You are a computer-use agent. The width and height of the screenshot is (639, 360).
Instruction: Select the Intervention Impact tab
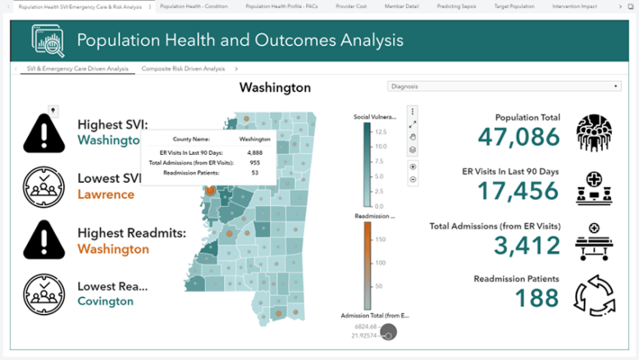582,6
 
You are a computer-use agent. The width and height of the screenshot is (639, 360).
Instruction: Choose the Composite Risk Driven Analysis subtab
183,68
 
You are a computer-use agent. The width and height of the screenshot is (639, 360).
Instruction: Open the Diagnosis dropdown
504,86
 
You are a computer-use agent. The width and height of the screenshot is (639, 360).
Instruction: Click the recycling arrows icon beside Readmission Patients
594,295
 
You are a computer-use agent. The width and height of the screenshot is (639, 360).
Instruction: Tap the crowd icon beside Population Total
594,133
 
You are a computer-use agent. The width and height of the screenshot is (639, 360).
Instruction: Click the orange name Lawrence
105,194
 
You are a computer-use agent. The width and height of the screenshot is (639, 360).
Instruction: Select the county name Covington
105,301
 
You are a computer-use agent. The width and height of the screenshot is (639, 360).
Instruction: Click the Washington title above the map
274,87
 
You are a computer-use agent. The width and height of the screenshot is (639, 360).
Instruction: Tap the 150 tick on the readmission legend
380,239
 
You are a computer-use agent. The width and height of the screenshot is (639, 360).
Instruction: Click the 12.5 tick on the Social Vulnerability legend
380,132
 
